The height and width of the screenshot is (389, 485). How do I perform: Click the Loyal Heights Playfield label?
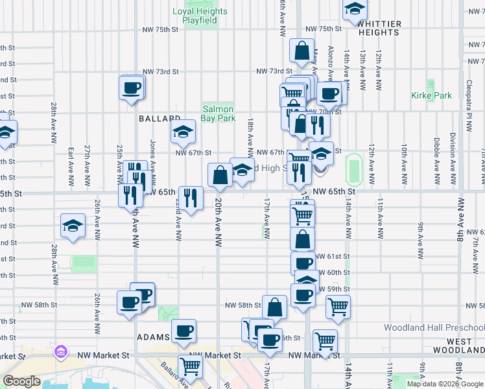[x=200, y=16]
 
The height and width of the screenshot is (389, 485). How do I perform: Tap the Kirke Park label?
[x=431, y=95]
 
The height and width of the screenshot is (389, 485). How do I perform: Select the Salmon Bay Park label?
[x=218, y=114]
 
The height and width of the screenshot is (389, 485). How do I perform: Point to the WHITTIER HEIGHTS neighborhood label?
[x=379, y=28]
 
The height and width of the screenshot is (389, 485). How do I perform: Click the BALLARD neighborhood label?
[x=159, y=119]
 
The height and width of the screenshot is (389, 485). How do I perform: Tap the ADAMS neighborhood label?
[x=154, y=338]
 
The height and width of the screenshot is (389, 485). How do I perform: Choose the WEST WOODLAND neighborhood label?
[x=464, y=346]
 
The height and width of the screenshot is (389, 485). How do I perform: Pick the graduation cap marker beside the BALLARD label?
[x=183, y=132]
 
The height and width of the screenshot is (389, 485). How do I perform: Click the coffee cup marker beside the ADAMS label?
[x=183, y=331]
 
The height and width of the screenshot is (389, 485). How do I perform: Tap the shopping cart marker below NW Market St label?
[x=191, y=367]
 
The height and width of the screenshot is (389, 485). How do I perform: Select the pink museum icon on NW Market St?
[x=62, y=352]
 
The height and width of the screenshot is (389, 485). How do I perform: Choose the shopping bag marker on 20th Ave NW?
[x=220, y=175]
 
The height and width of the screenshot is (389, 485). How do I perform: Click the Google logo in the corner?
[x=21, y=381]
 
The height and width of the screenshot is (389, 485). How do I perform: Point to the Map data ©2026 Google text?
[x=444, y=384]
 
